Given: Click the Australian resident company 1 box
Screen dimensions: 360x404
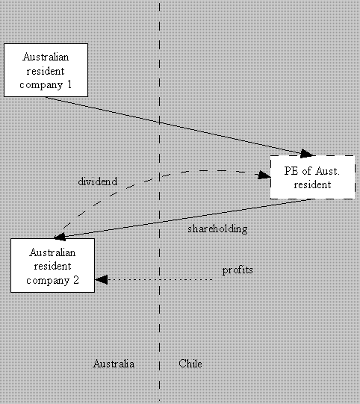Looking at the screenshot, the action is tap(46, 70).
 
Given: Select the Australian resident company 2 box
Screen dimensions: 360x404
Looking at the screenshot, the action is tap(52, 265).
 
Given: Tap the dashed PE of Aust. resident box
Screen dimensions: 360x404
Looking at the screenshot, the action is tap(313, 177).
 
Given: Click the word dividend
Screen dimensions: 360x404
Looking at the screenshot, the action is tap(98, 181).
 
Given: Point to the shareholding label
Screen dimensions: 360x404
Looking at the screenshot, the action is tap(217, 229).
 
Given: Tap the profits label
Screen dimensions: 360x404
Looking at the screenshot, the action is tap(238, 270).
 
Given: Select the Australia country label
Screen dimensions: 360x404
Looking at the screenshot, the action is tap(114, 364).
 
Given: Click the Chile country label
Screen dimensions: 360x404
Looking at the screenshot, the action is tap(190, 364).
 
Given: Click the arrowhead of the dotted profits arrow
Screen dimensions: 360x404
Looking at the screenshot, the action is tap(102, 279).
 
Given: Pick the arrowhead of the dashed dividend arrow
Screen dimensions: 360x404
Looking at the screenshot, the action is tap(264, 175).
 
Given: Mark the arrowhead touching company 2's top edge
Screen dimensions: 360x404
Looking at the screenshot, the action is tap(60, 237).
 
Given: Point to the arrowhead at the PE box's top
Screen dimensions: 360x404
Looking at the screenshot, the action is tap(307, 153).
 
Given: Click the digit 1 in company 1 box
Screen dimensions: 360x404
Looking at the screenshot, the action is tap(69, 84).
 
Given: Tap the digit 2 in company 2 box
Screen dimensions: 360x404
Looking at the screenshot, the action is tap(76, 280).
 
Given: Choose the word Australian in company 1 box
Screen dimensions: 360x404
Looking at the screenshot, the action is tap(46, 57).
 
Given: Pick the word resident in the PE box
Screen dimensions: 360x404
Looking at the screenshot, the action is tap(313, 184).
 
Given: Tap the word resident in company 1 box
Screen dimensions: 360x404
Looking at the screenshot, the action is tap(46, 71).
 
